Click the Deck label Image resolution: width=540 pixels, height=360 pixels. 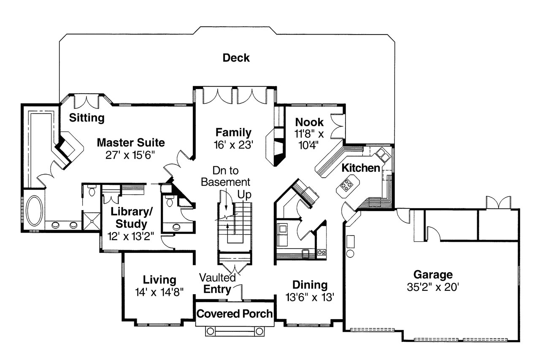click(x=236, y=58)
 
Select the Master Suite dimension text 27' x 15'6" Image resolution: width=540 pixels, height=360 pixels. click(x=130, y=154)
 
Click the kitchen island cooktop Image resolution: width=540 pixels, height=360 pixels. click(x=347, y=184)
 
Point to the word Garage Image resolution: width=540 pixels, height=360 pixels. click(x=433, y=275)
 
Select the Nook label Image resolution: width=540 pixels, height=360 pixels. click(x=309, y=122)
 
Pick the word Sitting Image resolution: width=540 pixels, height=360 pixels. click(x=87, y=117)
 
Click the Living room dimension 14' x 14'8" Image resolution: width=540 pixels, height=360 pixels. click(x=159, y=292)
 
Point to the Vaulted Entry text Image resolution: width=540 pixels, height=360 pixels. click(x=218, y=283)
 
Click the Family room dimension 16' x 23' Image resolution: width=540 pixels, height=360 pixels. click(x=233, y=145)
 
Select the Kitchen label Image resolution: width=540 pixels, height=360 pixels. click(x=360, y=168)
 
